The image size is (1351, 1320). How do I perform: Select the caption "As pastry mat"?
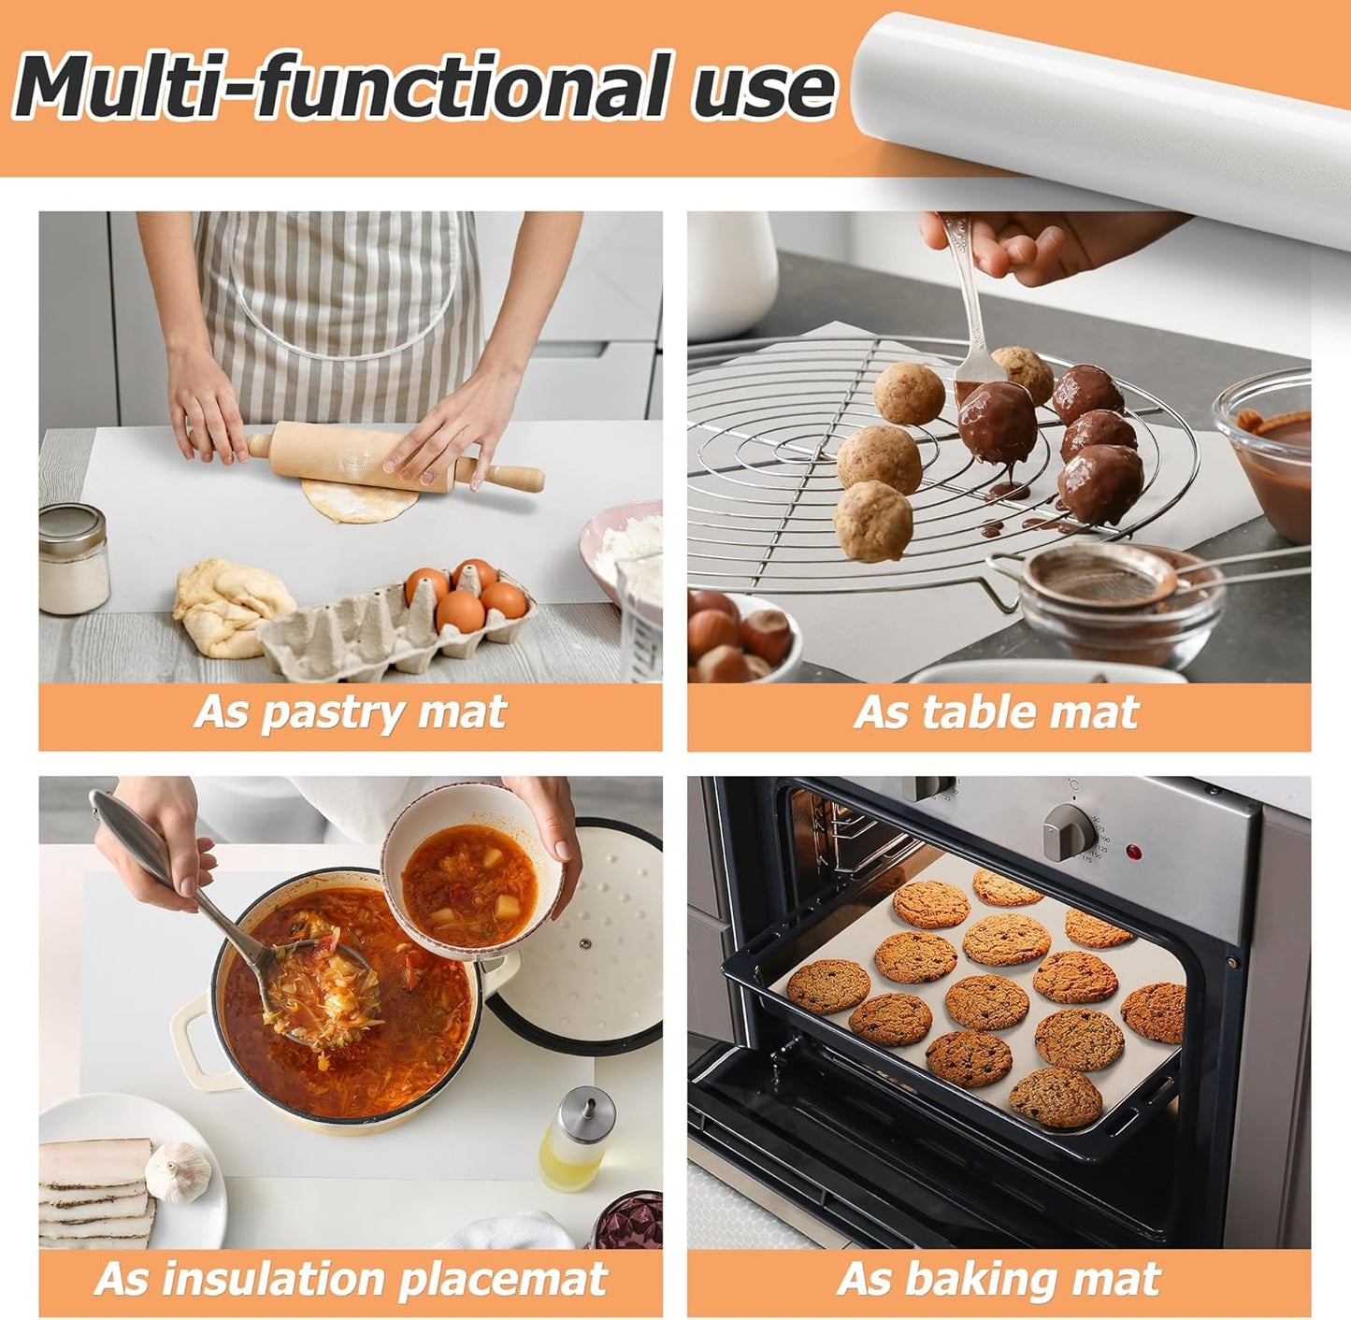point(351,712)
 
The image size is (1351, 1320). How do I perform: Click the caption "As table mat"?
point(997,712)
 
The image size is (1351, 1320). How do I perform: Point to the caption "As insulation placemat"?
point(351,1279)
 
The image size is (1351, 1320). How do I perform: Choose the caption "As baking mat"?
point(999,1279)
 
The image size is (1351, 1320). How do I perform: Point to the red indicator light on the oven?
point(1134,853)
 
